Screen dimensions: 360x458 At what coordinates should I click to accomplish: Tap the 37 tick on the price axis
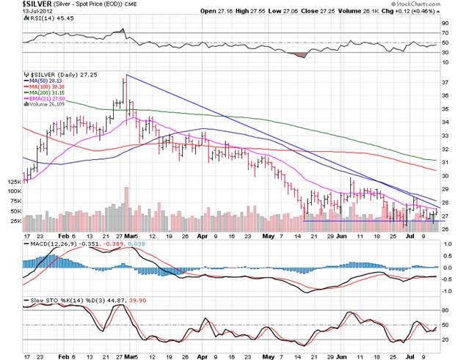click(444, 83)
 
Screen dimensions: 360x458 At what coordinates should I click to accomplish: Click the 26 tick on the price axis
click(444, 228)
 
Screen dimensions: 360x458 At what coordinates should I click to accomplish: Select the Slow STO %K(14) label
click(51, 301)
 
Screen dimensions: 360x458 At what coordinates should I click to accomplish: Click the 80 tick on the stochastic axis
click(444, 312)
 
